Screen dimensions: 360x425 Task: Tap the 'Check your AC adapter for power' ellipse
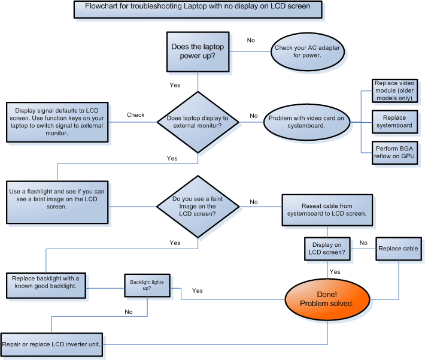point(307,51)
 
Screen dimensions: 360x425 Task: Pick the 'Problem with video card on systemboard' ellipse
point(306,122)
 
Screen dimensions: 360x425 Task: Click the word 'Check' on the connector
point(135,114)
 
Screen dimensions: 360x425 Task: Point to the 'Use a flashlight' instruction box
point(56,198)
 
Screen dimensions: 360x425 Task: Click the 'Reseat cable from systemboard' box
point(327,209)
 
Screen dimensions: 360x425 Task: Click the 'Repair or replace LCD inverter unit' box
point(54,344)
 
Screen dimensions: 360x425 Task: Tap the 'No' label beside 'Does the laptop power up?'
point(251,40)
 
